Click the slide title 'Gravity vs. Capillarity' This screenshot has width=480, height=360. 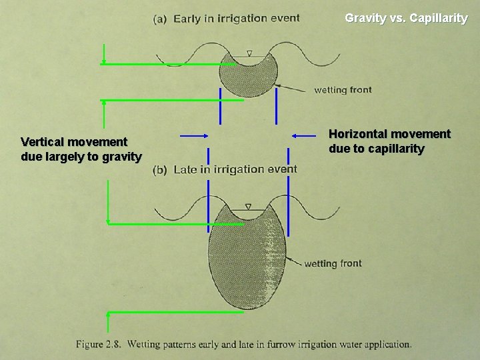pos(406,18)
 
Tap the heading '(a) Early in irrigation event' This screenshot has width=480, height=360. pos(227,19)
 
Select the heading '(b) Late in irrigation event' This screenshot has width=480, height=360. pos(225,169)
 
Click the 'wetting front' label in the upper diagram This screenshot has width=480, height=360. pos(343,89)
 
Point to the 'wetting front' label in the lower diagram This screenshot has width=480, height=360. pos(333,263)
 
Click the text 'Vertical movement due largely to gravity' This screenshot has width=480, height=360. pos(81,149)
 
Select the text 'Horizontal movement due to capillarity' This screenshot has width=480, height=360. pos(389,141)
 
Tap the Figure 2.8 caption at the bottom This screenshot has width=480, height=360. pos(243,345)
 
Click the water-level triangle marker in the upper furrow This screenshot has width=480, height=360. pos(249,53)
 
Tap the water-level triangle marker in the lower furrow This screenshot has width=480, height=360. pos(248,207)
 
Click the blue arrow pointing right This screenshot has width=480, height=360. pos(195,135)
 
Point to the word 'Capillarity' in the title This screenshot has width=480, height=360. pos(439,18)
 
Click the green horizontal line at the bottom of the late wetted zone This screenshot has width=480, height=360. pos(176,312)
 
